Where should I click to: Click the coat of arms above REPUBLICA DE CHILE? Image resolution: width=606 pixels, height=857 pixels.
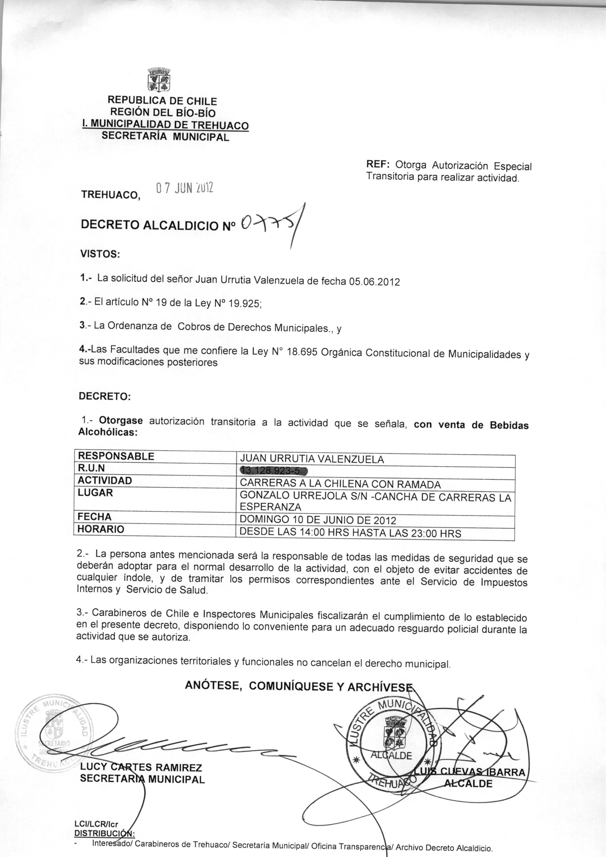(159, 80)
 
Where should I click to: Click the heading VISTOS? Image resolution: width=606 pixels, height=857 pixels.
(100, 255)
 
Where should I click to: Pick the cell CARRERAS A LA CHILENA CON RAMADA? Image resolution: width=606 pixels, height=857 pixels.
(340, 484)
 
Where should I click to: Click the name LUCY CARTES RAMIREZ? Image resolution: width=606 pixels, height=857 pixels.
(141, 768)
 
